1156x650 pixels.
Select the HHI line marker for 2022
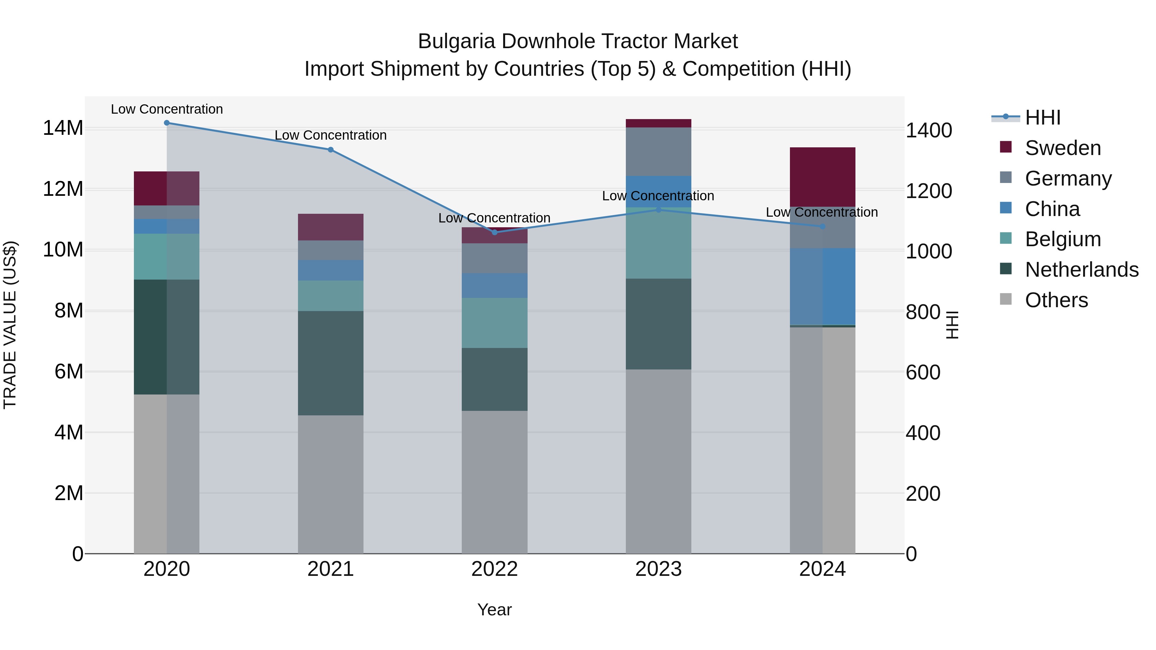(495, 232)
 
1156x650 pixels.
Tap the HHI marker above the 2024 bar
(822, 227)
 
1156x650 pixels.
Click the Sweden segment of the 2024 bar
(822, 177)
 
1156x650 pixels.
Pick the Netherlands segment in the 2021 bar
(330, 363)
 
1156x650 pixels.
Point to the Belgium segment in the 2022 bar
(495, 323)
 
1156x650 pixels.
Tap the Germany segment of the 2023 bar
(658, 152)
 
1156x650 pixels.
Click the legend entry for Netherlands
(1082, 270)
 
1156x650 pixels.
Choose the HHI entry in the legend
(1042, 117)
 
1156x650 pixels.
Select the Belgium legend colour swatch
(1006, 238)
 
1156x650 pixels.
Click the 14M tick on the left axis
(63, 128)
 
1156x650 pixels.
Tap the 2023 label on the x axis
(658, 569)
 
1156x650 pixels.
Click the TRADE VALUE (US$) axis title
(10, 325)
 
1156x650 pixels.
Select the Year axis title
(495, 610)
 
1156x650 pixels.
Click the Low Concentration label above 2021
(330, 135)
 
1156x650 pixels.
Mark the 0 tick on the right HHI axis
(911, 554)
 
